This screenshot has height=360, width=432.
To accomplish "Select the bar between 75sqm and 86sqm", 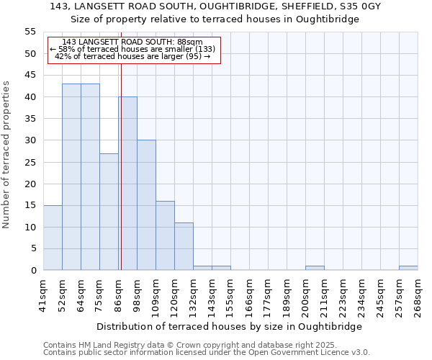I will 109,212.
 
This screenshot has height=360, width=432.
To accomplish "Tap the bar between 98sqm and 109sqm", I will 146,205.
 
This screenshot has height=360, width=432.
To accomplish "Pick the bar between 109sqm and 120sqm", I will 165,235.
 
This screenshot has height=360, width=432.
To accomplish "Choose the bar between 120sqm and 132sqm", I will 184,246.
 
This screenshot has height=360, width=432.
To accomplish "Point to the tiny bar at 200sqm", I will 315,268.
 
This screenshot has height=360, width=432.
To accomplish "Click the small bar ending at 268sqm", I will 408,268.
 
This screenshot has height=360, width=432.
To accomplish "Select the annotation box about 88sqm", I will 133,50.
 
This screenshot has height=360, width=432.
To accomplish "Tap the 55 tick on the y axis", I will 30,32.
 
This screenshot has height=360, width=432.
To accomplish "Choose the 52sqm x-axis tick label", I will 62,294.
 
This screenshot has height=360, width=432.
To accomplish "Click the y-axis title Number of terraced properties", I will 6,154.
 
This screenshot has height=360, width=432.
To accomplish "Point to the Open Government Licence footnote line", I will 206,353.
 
